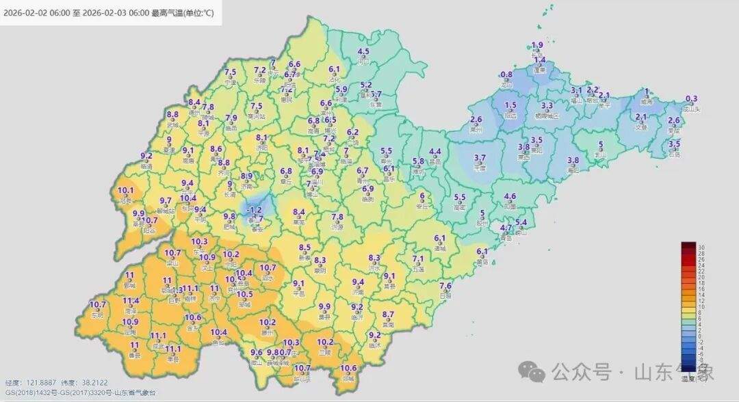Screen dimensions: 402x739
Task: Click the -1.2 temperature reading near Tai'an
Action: (255, 209)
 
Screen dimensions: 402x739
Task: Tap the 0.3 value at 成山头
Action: (692, 98)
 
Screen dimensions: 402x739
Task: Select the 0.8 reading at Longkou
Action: (506, 75)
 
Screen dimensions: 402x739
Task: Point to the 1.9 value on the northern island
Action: (537, 46)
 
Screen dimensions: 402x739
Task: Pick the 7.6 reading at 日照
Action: (445, 286)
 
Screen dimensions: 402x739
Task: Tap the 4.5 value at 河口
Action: (363, 52)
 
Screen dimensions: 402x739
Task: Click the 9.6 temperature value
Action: (257, 353)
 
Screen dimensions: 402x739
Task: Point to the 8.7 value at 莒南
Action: (388, 314)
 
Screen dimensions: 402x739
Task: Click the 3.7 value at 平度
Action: (480, 157)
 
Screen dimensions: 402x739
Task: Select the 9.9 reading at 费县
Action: (324, 307)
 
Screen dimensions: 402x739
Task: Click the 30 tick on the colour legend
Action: (701, 247)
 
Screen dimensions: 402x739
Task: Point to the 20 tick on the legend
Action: (701, 278)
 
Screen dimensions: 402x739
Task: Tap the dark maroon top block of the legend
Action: (688, 246)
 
